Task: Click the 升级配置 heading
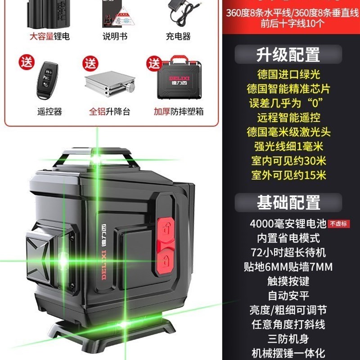coord(288,54)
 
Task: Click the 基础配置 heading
coord(288,202)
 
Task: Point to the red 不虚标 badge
coord(338,224)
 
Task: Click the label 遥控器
coord(49,112)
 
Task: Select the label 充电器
coord(178,36)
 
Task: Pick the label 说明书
coord(115,36)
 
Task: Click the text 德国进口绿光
coord(283,75)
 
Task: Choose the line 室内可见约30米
coord(288,161)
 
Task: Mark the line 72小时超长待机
coord(288,252)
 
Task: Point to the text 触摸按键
coord(288,281)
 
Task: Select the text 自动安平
coord(288,296)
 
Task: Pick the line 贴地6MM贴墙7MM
coord(288,267)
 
